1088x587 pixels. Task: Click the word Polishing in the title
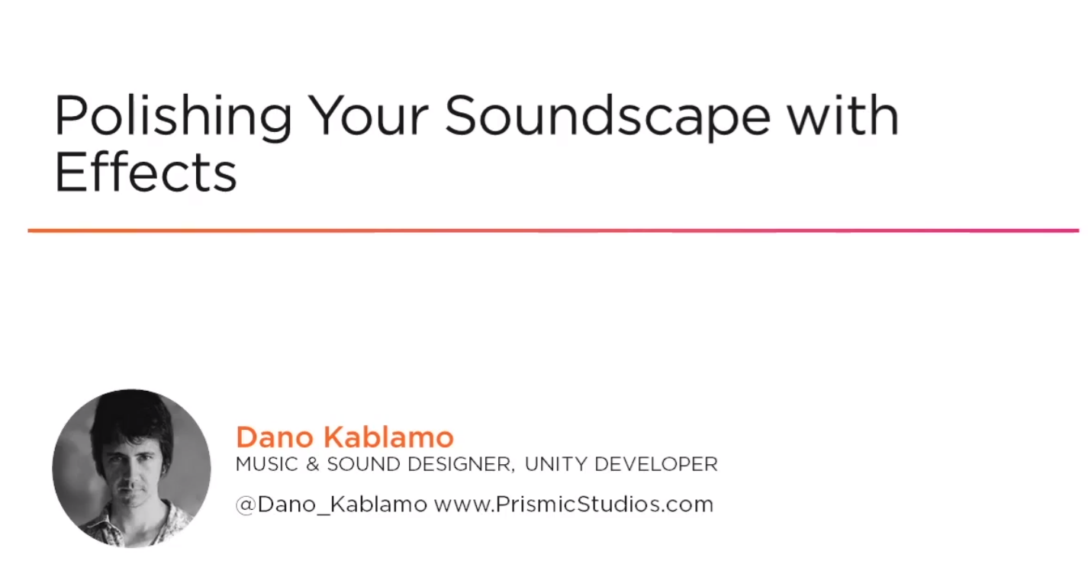[x=173, y=117]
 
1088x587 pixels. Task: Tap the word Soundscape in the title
[x=607, y=117]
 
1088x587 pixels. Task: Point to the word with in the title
[x=843, y=114]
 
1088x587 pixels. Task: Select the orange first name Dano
[x=275, y=437]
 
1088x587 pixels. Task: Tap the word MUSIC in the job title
[x=266, y=464]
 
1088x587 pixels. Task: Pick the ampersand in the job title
[x=313, y=464]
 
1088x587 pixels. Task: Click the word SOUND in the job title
[x=363, y=464]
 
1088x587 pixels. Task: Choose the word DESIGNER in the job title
[x=461, y=465]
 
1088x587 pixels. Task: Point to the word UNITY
[x=555, y=464]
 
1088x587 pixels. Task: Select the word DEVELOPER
[x=655, y=464]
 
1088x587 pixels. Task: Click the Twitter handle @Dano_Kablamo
[x=331, y=505]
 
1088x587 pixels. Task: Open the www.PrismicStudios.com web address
[x=574, y=504]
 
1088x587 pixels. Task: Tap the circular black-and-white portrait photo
[x=132, y=469]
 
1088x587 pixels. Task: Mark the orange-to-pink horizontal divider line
[x=553, y=231]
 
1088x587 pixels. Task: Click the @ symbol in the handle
[x=246, y=505]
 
